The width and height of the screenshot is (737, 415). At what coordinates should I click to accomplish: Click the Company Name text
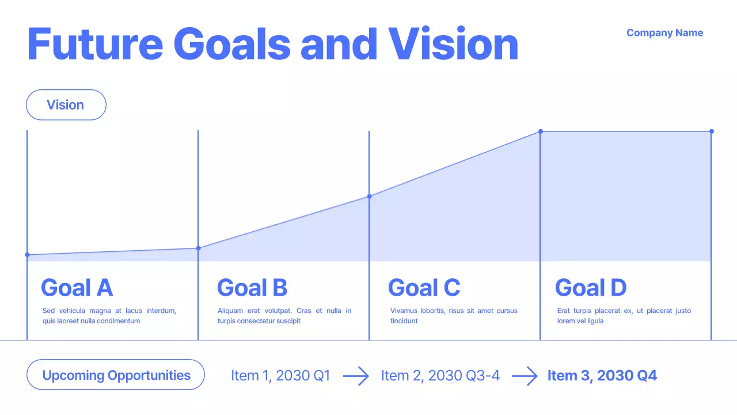point(664,33)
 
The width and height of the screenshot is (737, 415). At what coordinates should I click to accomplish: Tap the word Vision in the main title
point(453,44)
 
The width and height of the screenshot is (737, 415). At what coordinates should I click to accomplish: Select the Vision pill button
point(66,105)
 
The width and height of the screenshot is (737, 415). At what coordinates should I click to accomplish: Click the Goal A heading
point(77,288)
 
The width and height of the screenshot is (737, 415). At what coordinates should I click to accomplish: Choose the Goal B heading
point(252,288)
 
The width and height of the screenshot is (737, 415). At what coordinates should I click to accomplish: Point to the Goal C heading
point(424,288)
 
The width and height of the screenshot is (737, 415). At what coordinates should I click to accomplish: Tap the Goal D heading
point(590,288)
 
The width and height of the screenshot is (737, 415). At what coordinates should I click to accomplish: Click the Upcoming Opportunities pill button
point(116,375)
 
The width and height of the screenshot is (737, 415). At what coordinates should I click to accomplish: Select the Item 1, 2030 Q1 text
point(280,376)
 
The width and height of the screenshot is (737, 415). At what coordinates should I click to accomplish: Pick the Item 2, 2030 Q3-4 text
point(440,376)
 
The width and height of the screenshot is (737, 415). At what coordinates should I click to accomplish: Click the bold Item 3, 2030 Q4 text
point(602,376)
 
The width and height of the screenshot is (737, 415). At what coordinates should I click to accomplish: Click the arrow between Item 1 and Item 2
point(356,376)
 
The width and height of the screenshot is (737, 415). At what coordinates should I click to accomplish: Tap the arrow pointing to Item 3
point(524,376)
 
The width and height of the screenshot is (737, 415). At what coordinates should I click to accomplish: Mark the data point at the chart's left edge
point(27,255)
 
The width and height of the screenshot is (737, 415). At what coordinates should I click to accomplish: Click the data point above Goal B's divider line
point(198,248)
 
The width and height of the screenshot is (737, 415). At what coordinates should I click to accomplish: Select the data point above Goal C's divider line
point(369,196)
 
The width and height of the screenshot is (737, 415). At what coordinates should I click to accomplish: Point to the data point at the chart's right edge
point(712,131)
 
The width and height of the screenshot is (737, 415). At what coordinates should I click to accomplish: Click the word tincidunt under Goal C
point(404,321)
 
